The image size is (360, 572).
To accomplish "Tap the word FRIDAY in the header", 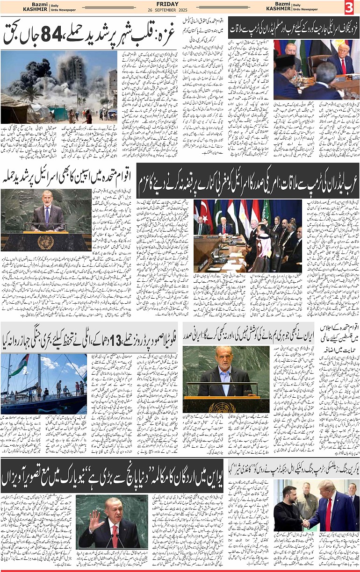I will pyautogui.click(x=180, y=4).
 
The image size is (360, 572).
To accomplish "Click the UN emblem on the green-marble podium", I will pyautogui.click(x=45, y=241).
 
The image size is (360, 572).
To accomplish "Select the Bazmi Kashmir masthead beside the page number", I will pyautogui.click(x=279, y=7).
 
